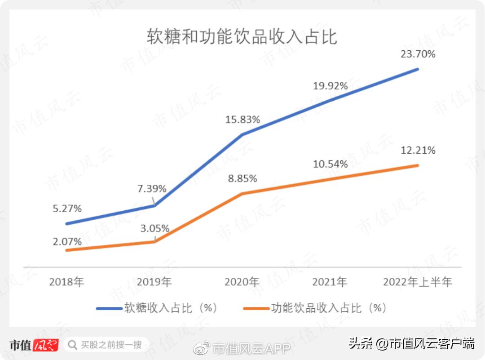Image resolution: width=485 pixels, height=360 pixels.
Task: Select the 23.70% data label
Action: (418, 54)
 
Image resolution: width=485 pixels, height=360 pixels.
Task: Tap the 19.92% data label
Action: (331, 85)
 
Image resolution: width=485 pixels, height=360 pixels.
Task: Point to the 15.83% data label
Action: (243, 120)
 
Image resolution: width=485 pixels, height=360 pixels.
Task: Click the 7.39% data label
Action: (152, 189)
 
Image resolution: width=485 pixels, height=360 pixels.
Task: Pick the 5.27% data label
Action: (66, 209)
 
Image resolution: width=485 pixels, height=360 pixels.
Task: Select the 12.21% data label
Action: (418, 150)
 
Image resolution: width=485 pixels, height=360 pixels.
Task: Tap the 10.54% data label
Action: (331, 164)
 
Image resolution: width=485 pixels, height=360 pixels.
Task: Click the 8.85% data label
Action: (242, 178)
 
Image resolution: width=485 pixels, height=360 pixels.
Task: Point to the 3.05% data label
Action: (154, 228)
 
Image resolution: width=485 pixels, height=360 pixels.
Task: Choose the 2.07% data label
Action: (67, 242)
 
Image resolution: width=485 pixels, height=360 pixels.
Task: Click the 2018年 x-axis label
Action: (66, 282)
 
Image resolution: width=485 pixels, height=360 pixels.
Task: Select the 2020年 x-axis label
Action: (242, 282)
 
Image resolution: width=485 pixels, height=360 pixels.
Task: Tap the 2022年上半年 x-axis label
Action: (418, 282)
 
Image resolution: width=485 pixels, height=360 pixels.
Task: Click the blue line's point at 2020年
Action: (242, 134)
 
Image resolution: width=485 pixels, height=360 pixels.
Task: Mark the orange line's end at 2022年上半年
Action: (418, 165)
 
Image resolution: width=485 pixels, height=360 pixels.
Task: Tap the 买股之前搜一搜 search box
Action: (106, 345)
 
